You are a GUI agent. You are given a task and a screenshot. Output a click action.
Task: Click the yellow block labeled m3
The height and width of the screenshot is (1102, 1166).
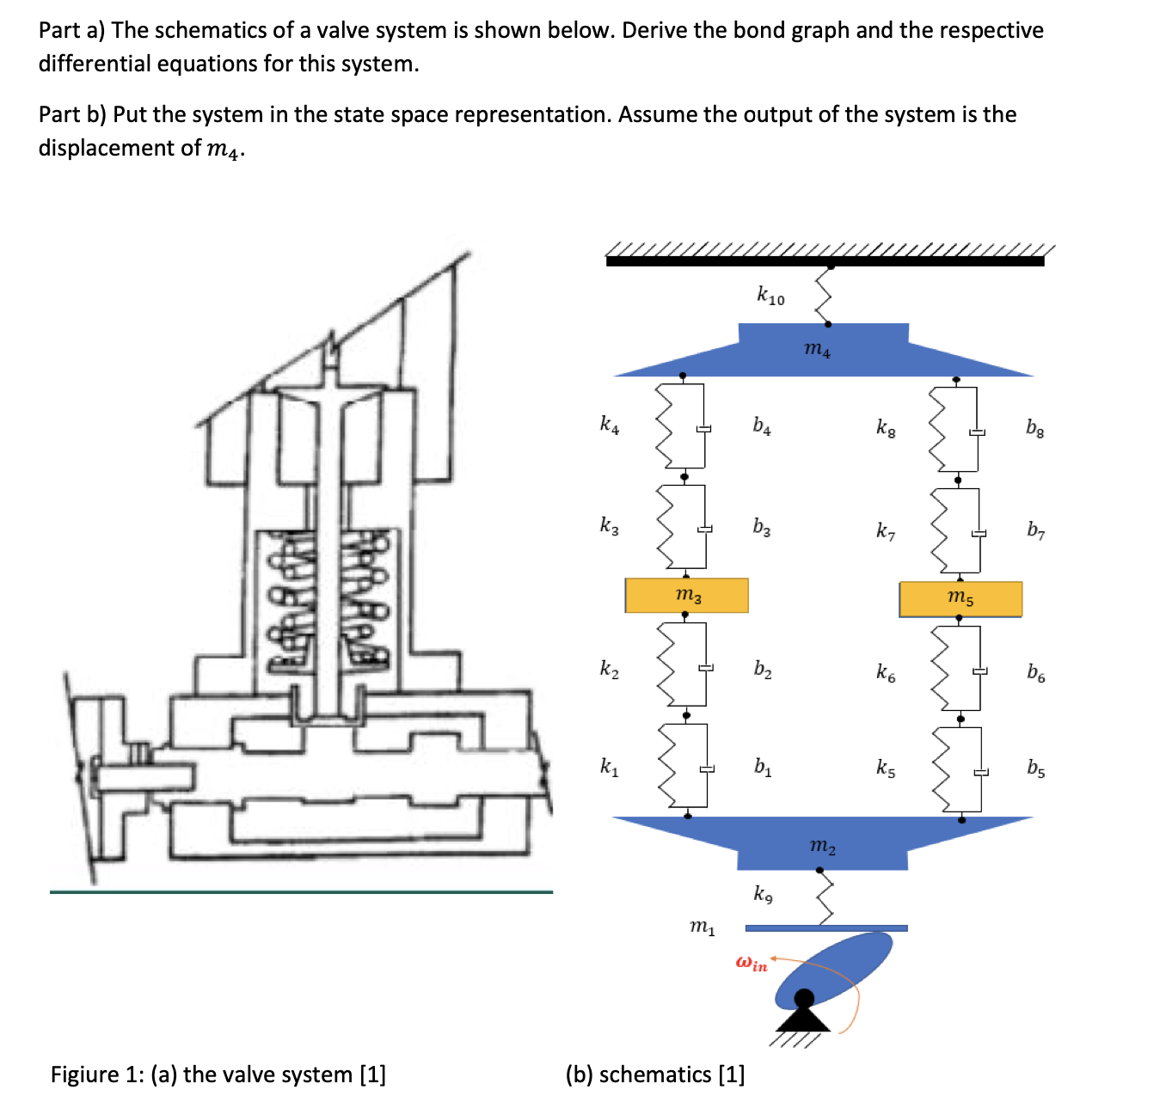(686, 595)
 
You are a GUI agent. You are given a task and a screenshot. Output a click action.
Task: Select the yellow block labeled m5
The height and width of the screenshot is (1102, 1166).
(960, 598)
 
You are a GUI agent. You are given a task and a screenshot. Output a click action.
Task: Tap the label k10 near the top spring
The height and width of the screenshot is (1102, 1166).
(770, 296)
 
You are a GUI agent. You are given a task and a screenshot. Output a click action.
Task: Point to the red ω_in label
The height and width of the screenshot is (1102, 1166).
(751, 963)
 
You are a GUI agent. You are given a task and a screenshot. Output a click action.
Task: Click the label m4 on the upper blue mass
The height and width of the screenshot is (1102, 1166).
(817, 348)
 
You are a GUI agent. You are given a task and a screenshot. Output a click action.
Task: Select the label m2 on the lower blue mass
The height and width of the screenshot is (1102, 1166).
(822, 846)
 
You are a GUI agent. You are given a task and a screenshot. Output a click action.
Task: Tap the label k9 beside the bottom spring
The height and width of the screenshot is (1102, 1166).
(763, 894)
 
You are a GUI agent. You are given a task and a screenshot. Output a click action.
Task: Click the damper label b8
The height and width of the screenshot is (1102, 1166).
(1035, 427)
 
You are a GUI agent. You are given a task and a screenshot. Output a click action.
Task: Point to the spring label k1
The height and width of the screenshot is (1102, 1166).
(609, 766)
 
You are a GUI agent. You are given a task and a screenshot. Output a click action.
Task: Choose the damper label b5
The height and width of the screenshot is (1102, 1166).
(1036, 768)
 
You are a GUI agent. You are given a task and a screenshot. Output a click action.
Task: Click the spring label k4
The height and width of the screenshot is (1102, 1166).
(609, 424)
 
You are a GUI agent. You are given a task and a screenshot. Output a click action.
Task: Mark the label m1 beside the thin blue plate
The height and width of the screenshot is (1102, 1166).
(702, 927)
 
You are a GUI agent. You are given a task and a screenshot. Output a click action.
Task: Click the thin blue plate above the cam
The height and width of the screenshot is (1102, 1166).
(825, 928)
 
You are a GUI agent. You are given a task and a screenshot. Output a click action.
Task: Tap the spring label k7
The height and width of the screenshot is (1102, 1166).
(886, 530)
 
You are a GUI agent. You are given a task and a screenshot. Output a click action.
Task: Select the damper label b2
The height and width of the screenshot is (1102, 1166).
(763, 669)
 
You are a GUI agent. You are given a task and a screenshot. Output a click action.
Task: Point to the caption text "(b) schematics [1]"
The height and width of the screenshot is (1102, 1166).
(655, 1074)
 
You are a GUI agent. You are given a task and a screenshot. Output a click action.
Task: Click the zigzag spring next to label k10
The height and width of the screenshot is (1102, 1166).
(825, 295)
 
